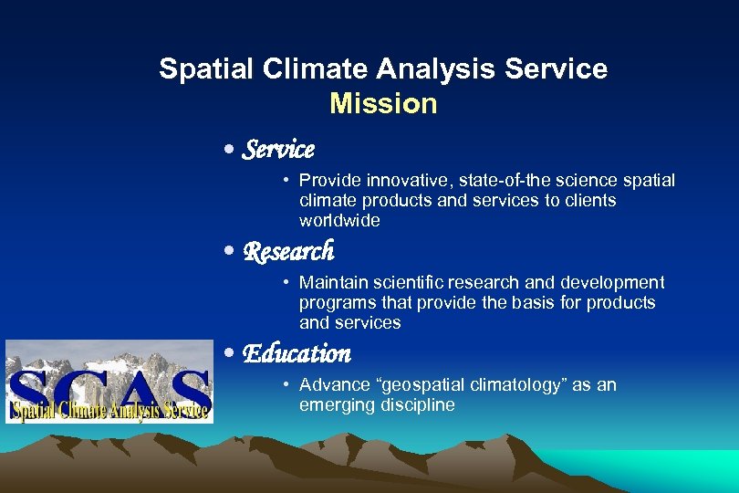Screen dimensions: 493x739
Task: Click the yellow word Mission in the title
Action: [383, 104]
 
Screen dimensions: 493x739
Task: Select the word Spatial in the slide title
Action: [196, 69]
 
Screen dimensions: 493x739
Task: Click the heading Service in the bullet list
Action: [278, 149]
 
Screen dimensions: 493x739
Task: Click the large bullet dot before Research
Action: [231, 252]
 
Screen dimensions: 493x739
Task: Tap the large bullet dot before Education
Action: [231, 354]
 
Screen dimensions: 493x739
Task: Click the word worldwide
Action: [338, 221]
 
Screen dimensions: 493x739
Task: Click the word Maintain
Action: [332, 283]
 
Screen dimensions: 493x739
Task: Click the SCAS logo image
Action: [109, 381]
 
